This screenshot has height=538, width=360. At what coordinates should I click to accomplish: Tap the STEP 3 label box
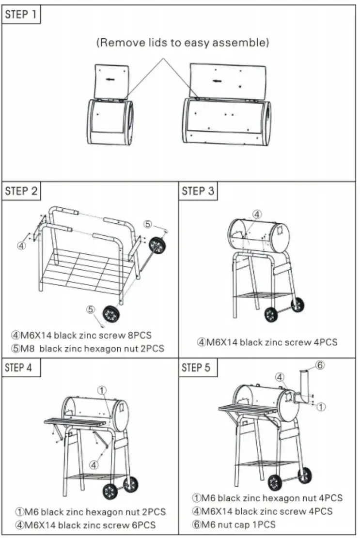[198, 191]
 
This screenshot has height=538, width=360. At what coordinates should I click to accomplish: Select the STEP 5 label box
[197, 368]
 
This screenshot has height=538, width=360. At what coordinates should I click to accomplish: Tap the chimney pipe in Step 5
[304, 385]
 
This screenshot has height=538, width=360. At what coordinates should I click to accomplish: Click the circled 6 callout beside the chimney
[319, 365]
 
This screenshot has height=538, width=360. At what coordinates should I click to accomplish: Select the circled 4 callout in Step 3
[257, 214]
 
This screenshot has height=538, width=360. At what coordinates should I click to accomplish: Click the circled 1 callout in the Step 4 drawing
[102, 389]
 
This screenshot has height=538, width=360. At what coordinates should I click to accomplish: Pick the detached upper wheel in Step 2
[157, 246]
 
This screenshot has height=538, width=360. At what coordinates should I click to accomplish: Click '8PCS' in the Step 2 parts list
[139, 335]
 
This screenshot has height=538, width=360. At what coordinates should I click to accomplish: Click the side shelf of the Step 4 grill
[75, 422]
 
